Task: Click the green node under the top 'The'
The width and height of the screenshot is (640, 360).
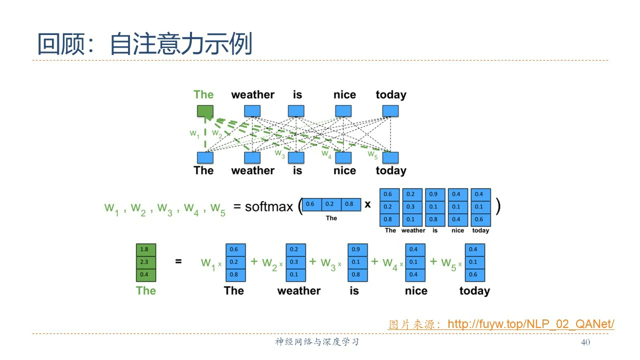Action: [x=204, y=111]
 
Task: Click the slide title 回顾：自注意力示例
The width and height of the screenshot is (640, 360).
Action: [x=144, y=44]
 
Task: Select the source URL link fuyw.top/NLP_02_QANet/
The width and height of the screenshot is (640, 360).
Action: [x=530, y=324]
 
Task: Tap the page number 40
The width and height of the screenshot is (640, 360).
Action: [x=585, y=342]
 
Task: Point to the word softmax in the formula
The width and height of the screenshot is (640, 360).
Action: [x=268, y=206]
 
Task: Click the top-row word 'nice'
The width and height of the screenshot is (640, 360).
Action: [x=344, y=95]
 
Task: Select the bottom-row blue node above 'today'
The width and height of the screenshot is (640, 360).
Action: [x=390, y=157]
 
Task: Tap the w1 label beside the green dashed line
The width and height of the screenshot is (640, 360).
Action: [x=194, y=133]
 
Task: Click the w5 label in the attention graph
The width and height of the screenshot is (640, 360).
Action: [x=372, y=154]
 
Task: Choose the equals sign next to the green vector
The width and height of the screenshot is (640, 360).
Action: [x=178, y=261]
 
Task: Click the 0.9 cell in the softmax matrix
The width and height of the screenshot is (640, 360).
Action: [x=433, y=194]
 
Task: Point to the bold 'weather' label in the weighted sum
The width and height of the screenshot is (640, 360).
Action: [x=298, y=291]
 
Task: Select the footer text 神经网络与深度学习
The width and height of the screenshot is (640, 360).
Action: [x=317, y=342]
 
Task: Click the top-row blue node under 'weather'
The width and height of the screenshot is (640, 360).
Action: [x=252, y=111]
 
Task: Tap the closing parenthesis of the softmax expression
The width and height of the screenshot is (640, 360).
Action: [x=497, y=206]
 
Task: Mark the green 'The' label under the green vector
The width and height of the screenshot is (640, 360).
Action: [x=145, y=291]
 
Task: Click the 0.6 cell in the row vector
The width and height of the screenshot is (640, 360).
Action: [x=310, y=204]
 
